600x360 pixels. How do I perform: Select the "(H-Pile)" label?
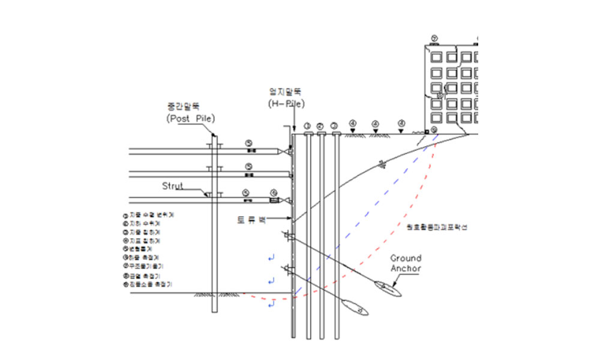click(287, 103)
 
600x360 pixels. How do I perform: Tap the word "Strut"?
click(173, 186)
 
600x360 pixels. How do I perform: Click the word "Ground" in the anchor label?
click(406, 259)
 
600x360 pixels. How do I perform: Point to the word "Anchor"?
click(406, 268)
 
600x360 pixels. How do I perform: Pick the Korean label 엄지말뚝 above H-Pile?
click(285, 92)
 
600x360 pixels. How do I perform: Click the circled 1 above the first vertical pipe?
click(307, 126)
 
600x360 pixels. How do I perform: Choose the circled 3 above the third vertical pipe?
click(335, 126)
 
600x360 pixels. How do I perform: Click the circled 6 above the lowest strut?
click(274, 193)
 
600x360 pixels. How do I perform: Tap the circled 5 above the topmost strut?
click(248, 143)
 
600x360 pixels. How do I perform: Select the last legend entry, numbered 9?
click(150, 284)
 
